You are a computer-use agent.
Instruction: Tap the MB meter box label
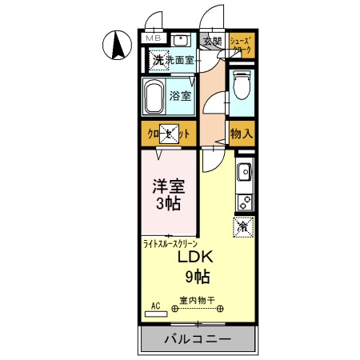tap(152, 38)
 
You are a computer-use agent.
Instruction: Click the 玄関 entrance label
tap(212, 42)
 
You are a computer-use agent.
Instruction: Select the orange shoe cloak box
tap(241, 45)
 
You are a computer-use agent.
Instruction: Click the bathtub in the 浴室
tap(156, 97)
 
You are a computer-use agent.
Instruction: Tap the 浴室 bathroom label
tap(180, 97)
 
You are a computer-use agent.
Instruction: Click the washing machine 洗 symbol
tap(158, 60)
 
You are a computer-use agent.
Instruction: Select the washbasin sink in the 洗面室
tap(180, 40)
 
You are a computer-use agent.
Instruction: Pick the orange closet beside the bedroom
tap(169, 134)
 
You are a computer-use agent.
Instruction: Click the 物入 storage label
tap(241, 134)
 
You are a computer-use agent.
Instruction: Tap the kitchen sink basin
tap(244, 171)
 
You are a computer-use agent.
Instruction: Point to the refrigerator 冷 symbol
tap(242, 226)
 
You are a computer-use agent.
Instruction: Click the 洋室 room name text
tap(169, 186)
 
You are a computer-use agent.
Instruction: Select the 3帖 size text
tap(169, 204)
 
